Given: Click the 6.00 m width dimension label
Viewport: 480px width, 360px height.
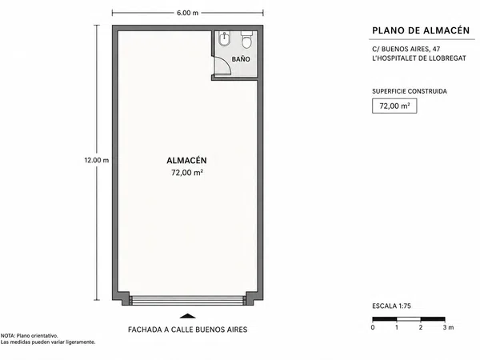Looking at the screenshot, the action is [x=187, y=13].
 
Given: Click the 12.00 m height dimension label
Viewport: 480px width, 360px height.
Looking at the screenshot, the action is [x=97, y=160].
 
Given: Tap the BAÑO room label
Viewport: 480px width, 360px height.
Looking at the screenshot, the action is [x=241, y=59].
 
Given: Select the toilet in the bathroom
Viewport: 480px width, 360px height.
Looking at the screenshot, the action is [x=246, y=39].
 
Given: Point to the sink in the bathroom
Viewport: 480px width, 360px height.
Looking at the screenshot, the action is [x=224, y=39].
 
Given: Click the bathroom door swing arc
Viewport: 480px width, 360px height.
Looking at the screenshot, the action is [x=226, y=62].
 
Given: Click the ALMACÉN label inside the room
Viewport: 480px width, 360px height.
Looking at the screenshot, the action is [x=186, y=161].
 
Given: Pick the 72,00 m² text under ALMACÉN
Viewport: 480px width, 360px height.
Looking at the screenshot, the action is [x=187, y=173].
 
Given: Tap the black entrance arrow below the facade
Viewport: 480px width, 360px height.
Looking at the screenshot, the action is [x=187, y=316].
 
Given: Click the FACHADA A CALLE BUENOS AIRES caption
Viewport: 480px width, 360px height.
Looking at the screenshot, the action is [x=187, y=330].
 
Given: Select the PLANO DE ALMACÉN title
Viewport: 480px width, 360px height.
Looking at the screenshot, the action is [x=421, y=30].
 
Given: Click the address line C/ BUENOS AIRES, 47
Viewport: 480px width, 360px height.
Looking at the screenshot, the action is [x=406, y=49].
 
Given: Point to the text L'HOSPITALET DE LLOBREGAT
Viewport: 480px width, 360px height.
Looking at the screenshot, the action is [x=419, y=58].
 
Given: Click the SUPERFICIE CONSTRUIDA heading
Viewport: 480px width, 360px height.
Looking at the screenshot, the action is [x=410, y=91].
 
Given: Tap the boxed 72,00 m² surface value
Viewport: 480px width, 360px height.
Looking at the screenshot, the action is [x=394, y=106].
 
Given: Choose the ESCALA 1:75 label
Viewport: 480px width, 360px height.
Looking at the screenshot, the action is [x=391, y=306].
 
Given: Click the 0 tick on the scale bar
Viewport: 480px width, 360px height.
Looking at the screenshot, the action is [x=373, y=327].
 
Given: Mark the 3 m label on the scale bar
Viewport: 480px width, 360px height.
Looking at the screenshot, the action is [x=448, y=327].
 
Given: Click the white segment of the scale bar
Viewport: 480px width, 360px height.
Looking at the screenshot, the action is [x=409, y=319].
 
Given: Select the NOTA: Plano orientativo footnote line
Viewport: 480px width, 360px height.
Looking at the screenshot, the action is [x=29, y=336].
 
